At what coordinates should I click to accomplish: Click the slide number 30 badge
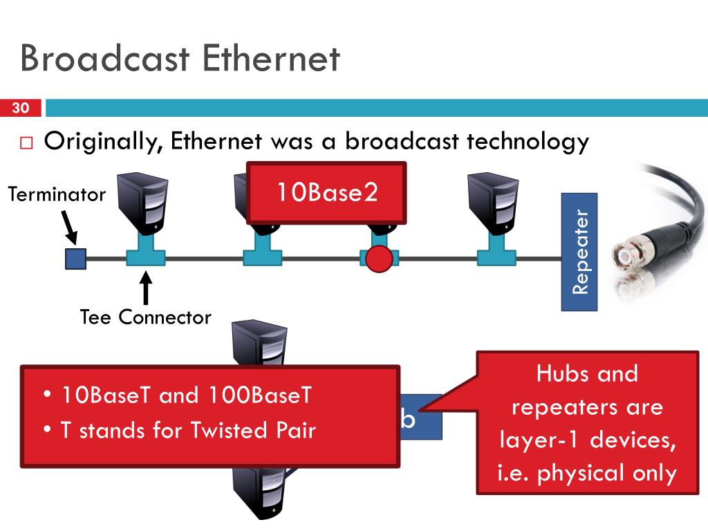pyautogui.click(x=20, y=108)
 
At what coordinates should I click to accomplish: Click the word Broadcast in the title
pyautogui.click(x=105, y=58)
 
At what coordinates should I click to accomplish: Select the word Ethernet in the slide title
pyautogui.click(x=271, y=58)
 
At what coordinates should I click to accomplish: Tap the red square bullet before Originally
pyautogui.click(x=27, y=142)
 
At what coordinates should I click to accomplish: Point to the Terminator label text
pyautogui.click(x=57, y=194)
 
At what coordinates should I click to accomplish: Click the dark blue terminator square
pyautogui.click(x=76, y=259)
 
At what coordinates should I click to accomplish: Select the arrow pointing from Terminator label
pyautogui.click(x=69, y=227)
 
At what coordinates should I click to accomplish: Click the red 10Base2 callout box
pyautogui.click(x=326, y=193)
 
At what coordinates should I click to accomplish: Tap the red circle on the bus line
pyautogui.click(x=379, y=259)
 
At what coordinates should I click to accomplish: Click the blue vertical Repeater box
pyautogui.click(x=579, y=252)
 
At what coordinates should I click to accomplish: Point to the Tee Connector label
pyautogui.click(x=145, y=317)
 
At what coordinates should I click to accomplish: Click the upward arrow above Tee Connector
pyautogui.click(x=145, y=287)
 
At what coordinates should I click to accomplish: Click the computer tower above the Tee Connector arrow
pyautogui.click(x=142, y=205)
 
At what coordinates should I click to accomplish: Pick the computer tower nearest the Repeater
pyautogui.click(x=493, y=205)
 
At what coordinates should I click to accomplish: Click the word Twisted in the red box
pyautogui.click(x=228, y=430)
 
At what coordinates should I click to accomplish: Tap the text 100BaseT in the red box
pyautogui.click(x=260, y=395)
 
